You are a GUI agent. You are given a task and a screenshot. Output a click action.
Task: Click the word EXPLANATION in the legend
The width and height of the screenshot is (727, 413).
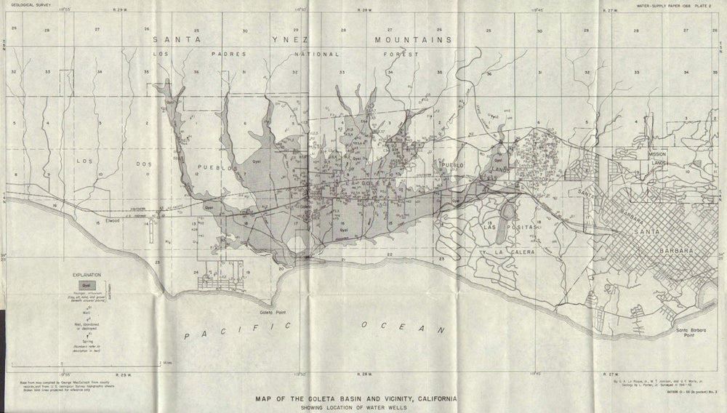[x=87, y=276]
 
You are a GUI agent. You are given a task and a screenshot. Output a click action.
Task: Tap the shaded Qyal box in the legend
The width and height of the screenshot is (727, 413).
[x=86, y=286]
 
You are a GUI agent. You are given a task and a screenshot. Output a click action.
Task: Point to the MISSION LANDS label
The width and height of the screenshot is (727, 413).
[x=658, y=159]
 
